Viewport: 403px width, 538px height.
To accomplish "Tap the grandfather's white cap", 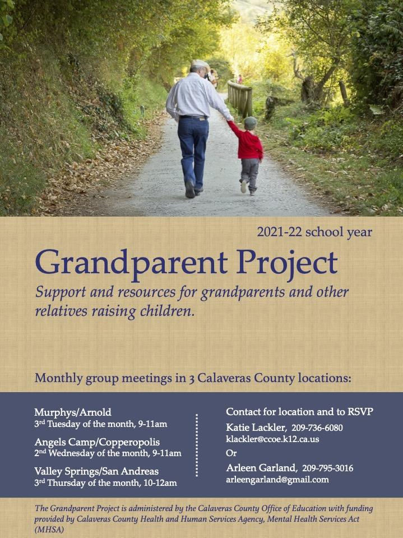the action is click(x=200, y=63).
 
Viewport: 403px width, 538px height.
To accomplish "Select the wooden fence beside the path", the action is click(x=240, y=98).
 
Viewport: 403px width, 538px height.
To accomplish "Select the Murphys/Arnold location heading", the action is click(x=73, y=412).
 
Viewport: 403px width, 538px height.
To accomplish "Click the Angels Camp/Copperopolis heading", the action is click(x=97, y=442).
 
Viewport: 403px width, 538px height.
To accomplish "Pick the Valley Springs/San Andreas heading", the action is click(x=96, y=471).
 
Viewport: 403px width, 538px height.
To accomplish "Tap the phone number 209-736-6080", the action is click(x=317, y=428).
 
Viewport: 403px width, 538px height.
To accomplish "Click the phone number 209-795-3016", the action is click(x=327, y=468).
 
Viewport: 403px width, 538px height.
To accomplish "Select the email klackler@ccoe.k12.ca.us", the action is click(x=272, y=439).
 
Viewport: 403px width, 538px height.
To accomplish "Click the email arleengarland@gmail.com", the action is click(x=277, y=480).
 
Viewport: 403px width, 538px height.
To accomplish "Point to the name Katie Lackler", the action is click(x=256, y=427).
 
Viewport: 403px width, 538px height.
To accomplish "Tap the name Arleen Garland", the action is click(x=261, y=468).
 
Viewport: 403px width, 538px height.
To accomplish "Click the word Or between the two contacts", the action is click(x=231, y=453).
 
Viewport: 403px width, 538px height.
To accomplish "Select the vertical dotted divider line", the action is click(x=197, y=445).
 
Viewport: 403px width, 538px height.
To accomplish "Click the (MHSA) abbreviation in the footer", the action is click(x=49, y=530).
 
